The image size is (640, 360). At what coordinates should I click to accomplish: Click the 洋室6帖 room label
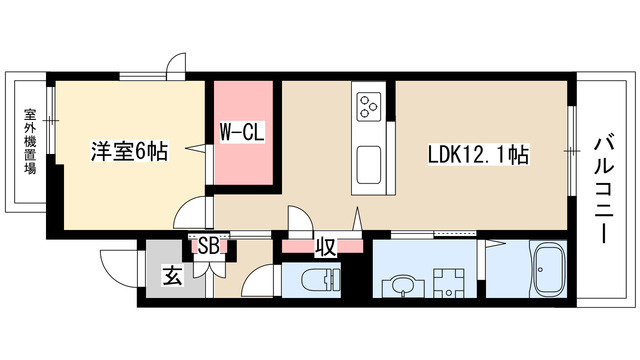[x=130, y=152]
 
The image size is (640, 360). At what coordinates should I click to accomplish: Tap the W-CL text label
[x=241, y=131]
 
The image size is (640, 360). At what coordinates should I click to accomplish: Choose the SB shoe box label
[x=209, y=244]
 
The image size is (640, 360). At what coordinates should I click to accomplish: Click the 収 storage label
[x=325, y=246]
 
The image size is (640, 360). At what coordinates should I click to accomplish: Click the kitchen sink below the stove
[x=368, y=161]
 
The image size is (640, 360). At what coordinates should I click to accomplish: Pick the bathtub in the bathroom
[x=549, y=272]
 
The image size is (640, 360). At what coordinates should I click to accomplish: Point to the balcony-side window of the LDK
[x=572, y=150]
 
